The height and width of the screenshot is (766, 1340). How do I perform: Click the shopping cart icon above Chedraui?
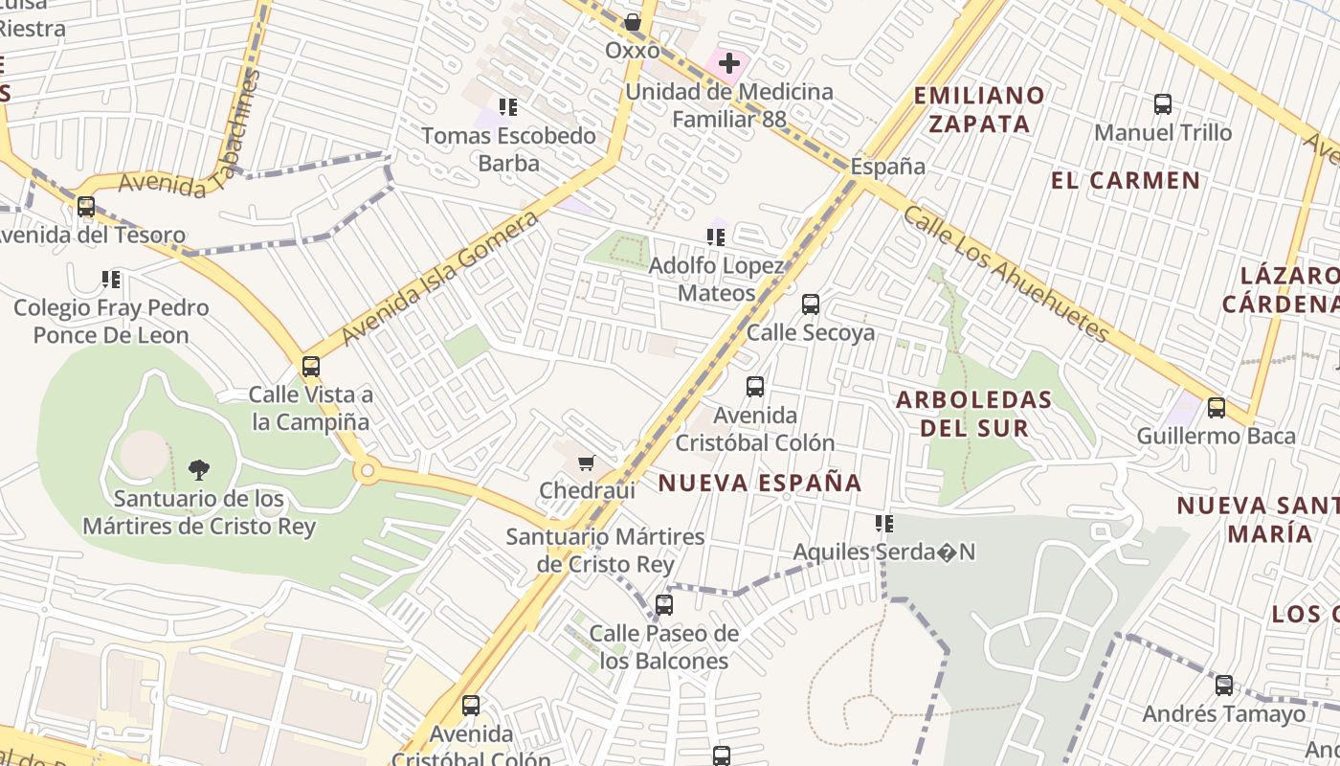tap(586, 463)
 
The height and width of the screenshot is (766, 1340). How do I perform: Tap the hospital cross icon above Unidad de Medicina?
tap(729, 64)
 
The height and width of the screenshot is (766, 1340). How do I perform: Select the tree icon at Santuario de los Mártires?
tap(199, 469)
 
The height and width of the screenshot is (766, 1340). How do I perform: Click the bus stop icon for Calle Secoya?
tap(811, 304)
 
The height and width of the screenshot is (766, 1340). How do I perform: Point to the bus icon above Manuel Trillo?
tap(1163, 104)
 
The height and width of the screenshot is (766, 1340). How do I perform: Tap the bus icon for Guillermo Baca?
tap(1217, 408)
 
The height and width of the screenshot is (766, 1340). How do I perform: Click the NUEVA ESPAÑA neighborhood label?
tap(760, 484)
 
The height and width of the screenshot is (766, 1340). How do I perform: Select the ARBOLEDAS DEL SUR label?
tap(974, 414)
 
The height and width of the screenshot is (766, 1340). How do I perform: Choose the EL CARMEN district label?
tap(1126, 181)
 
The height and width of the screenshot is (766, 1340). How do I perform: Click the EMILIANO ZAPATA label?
tap(978, 109)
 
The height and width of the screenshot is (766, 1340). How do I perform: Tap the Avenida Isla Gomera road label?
tap(439, 280)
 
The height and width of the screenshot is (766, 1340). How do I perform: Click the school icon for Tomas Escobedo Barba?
tap(508, 107)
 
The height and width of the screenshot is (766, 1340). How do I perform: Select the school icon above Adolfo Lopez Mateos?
tap(716, 237)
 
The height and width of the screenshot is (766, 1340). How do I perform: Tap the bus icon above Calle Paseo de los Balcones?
tap(664, 605)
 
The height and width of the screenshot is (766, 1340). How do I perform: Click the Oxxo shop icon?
tap(633, 22)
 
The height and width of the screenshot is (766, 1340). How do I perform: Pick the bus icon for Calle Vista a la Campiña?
tap(310, 366)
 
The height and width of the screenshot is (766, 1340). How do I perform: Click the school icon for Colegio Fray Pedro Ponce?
tap(111, 280)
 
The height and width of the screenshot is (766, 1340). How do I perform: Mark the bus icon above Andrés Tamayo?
tap(1224, 686)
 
